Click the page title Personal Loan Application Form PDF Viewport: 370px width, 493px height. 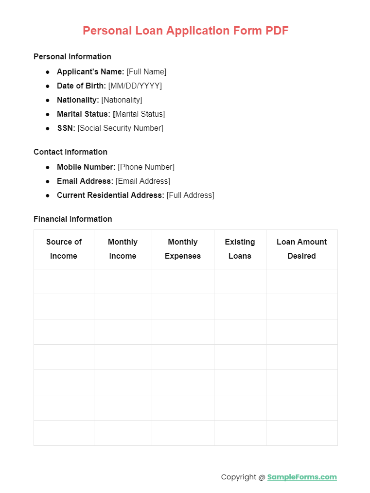185,31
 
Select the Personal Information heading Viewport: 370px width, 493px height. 72,57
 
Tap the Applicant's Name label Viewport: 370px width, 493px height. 90,72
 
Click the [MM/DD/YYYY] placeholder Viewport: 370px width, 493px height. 135,86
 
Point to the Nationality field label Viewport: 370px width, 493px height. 78,100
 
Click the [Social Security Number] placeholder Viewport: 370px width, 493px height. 120,128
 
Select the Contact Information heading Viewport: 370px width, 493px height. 70,152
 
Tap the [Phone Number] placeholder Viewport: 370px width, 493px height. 146,167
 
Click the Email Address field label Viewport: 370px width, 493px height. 85,181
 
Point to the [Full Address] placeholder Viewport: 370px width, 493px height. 190,195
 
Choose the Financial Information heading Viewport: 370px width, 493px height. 72,219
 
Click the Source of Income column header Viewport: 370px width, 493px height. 64,249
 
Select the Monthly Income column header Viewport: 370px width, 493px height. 123,249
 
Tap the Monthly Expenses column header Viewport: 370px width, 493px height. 183,249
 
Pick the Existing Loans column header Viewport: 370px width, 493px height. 240,249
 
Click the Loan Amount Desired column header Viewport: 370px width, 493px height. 301,249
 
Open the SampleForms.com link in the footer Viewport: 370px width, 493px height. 302,477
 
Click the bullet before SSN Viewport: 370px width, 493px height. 48,128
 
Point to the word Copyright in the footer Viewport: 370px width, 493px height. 238,477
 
